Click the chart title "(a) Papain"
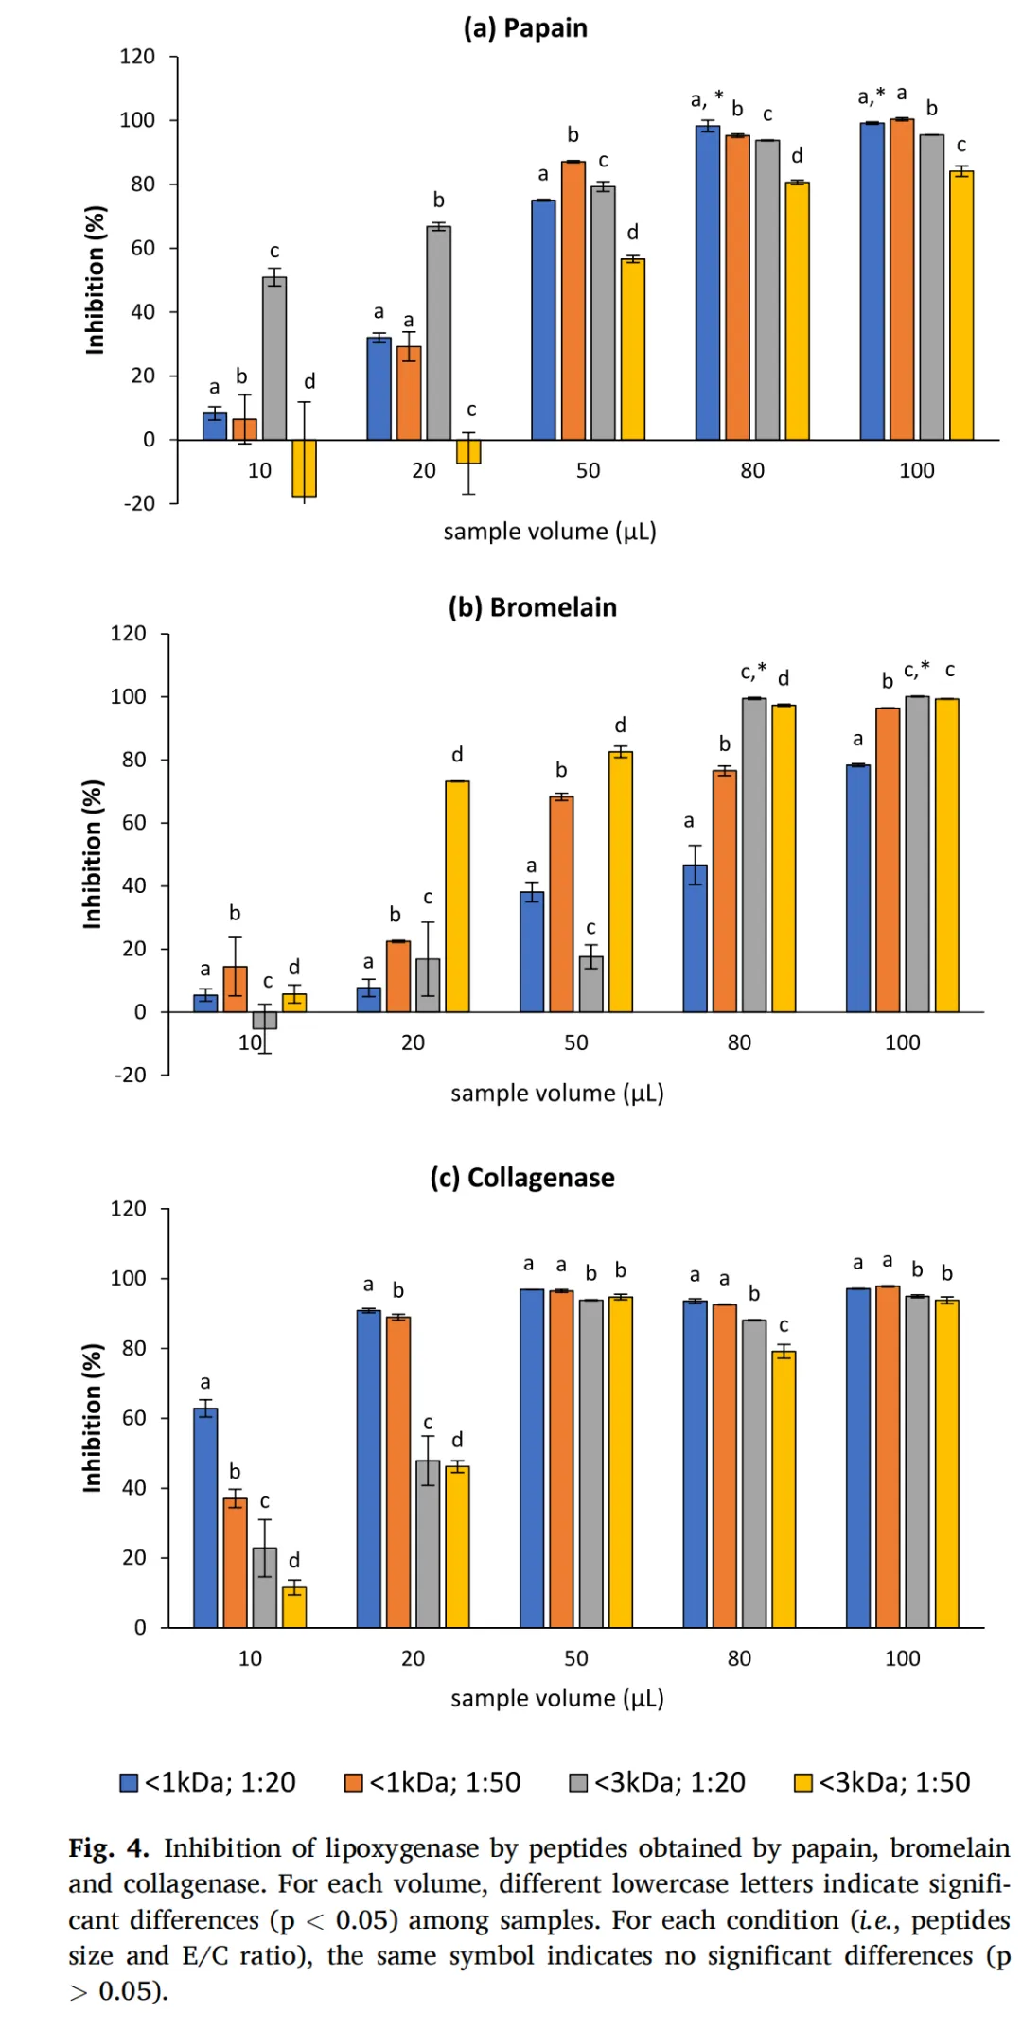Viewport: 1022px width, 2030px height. (525, 28)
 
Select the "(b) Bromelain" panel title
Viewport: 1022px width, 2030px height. (532, 607)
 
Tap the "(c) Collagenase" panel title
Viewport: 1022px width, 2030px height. (522, 1178)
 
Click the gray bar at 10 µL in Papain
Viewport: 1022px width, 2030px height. (274, 359)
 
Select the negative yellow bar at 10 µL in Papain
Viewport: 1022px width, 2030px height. (304, 467)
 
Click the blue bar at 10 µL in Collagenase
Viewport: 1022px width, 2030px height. (205, 1517)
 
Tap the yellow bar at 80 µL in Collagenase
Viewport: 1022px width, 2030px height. (784, 1489)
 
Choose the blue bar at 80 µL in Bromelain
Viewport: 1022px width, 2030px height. (695, 938)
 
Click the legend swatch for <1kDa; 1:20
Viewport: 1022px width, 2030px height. (130, 1782)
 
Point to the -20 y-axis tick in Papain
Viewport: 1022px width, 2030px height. (139, 503)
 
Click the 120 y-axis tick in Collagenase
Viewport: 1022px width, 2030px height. (128, 1209)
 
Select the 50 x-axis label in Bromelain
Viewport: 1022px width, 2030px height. (575, 1042)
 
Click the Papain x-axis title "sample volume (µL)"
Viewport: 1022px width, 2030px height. (550, 532)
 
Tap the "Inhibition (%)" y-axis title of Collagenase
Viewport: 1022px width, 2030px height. (93, 1417)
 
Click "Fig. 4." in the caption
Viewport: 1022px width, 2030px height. (108, 1848)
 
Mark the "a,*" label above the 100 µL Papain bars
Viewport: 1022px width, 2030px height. (871, 96)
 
